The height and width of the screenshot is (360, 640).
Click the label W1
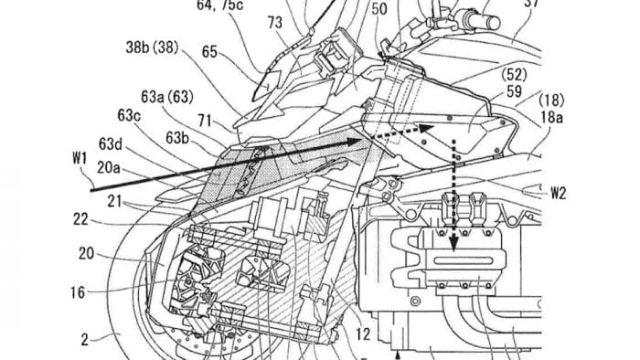[x=80, y=158]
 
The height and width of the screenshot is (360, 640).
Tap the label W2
[x=559, y=193]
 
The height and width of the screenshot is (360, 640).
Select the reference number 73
[x=274, y=23]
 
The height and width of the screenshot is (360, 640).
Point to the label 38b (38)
[x=152, y=48]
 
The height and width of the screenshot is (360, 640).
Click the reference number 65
[x=209, y=52]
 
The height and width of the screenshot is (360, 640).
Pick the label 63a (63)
[x=167, y=97]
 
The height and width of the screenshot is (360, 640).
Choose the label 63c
[x=130, y=115]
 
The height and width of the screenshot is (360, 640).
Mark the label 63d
[x=111, y=144]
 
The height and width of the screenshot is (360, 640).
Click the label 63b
[x=177, y=138]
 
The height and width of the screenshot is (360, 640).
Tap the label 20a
[x=108, y=167]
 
